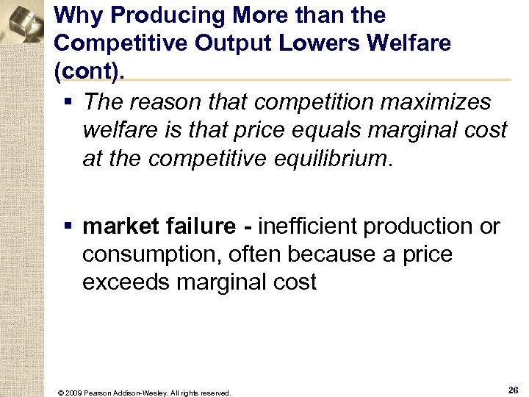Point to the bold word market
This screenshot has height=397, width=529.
click(119, 227)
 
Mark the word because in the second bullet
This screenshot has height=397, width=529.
click(328, 255)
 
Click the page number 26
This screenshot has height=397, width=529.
click(512, 389)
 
